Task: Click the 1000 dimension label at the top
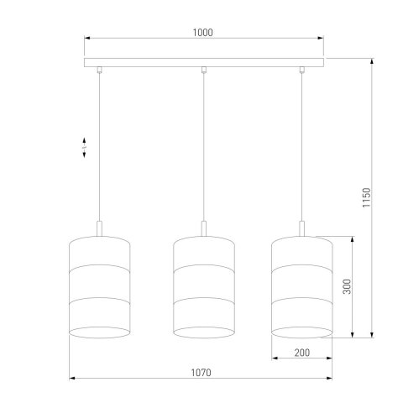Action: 201,33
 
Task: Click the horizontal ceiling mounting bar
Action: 201,63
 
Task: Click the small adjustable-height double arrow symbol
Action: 85,149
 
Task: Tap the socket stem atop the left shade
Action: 100,229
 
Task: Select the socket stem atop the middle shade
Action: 202,229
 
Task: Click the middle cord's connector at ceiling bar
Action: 202,71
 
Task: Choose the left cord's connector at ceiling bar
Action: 100,71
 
